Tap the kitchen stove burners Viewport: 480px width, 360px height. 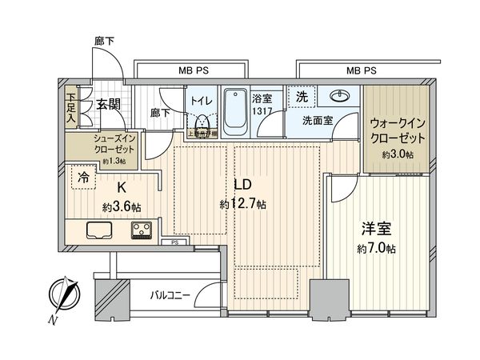143,231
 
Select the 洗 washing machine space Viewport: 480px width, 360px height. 302,95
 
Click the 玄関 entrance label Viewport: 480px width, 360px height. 108,103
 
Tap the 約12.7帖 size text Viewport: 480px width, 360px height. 243,205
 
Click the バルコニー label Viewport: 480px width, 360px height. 170,295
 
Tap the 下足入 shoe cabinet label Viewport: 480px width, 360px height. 70,106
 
